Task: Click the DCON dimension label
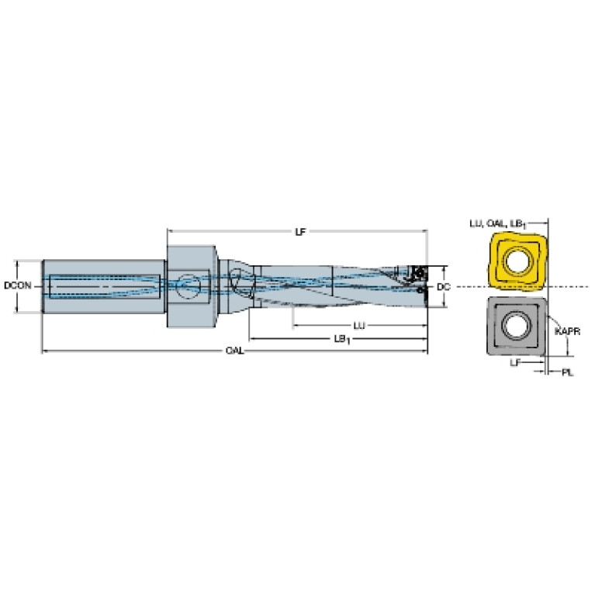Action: pos(18,285)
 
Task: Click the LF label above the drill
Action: pos(300,231)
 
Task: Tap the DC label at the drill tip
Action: pos(443,287)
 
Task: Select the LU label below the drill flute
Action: pos(359,326)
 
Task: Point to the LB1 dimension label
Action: pos(342,339)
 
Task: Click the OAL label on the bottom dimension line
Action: pos(234,351)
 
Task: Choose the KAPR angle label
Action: pos(567,332)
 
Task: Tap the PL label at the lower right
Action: pos(567,372)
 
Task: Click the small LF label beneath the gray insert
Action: pos(515,363)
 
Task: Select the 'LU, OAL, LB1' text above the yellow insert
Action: pos(498,224)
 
